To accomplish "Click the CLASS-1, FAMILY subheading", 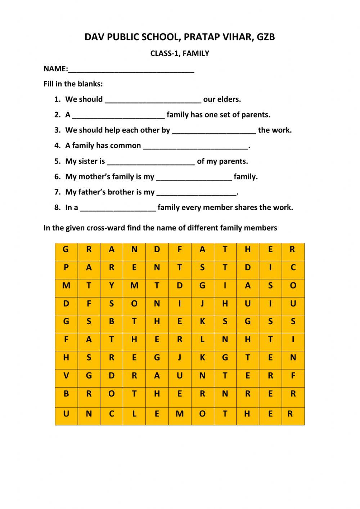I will point(180,53).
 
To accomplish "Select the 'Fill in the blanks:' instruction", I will point(73,84).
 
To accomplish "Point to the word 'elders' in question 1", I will point(228,99).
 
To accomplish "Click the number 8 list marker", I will point(57,207).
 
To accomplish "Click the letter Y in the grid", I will point(112,286).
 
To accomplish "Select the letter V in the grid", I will point(66,376).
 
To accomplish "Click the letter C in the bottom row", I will point(112,414).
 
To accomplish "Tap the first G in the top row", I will point(66,249).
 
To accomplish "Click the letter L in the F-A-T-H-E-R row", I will point(202,339).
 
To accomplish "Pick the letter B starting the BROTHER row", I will point(66,394).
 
